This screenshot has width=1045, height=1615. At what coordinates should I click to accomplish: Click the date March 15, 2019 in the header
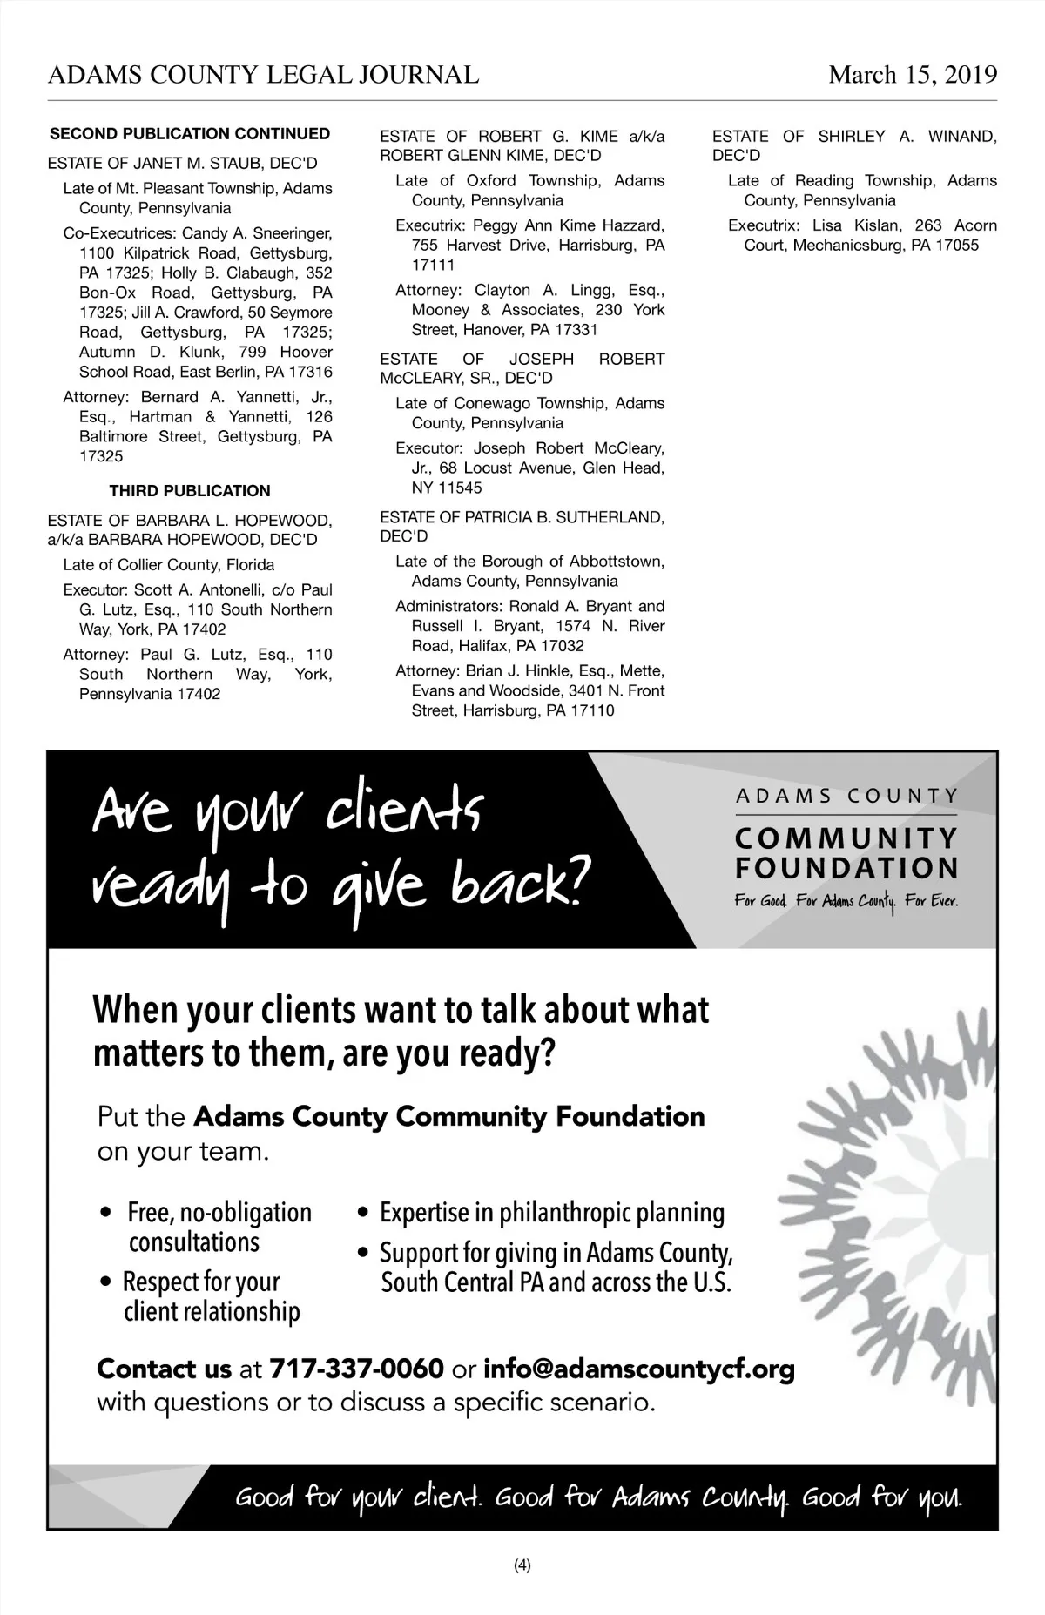tap(913, 75)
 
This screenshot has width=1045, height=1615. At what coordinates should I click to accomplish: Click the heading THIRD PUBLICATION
tap(190, 491)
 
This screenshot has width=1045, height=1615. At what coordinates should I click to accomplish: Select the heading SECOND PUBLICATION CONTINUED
tap(190, 134)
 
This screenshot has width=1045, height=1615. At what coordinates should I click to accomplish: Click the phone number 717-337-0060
tap(357, 1369)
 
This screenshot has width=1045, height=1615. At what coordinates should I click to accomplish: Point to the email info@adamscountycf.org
tap(638, 1369)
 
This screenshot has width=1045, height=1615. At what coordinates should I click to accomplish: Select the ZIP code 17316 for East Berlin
tap(311, 373)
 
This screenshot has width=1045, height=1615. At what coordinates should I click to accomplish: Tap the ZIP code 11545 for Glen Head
tap(460, 488)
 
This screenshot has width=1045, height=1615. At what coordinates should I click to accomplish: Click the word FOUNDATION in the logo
tap(847, 868)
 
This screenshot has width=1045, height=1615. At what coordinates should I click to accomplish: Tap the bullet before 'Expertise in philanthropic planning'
tap(365, 1214)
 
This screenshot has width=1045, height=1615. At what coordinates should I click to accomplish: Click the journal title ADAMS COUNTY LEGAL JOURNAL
tap(263, 75)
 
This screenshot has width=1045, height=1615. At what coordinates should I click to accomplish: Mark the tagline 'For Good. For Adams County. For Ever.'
tap(846, 901)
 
